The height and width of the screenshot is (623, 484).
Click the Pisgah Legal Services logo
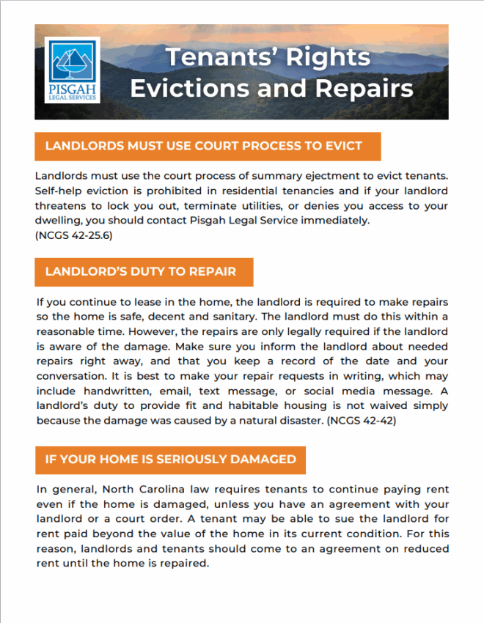pyautogui.click(x=73, y=71)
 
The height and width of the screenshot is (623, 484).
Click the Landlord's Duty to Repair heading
pyautogui.click(x=141, y=271)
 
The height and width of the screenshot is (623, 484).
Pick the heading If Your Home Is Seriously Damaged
pyautogui.click(x=170, y=460)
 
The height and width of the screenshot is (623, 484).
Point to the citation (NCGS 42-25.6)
pyautogui.click(x=73, y=235)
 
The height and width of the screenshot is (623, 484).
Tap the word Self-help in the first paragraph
pyautogui.click(x=58, y=191)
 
